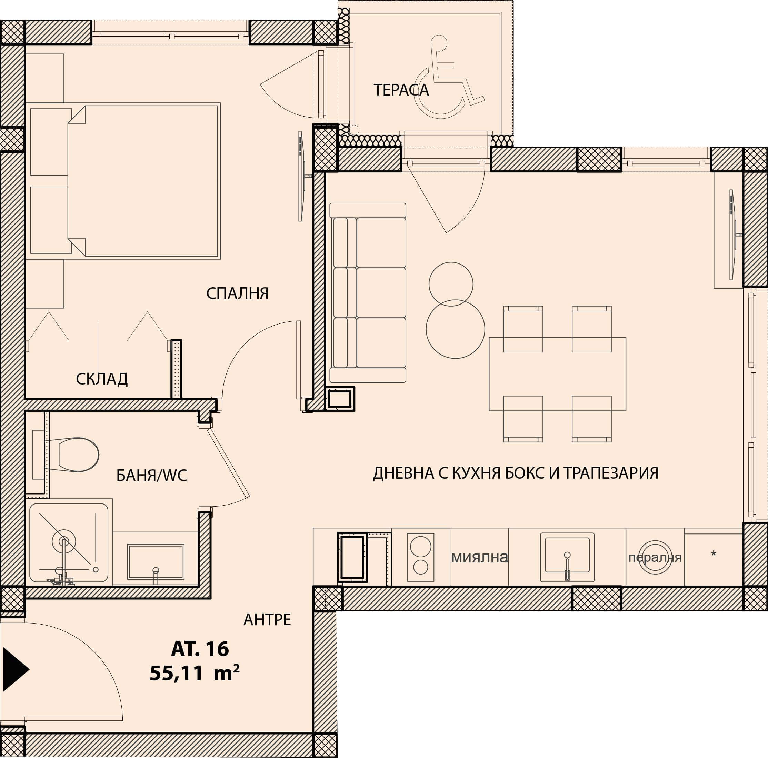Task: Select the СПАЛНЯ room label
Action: (237, 293)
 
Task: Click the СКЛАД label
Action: (102, 379)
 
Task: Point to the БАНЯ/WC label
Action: (151, 476)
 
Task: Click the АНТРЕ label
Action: (267, 620)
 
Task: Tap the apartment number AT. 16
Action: (200, 649)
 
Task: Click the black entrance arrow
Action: (16, 669)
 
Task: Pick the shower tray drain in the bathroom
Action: (63, 541)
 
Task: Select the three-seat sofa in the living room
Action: (368, 292)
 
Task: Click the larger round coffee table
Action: (456, 329)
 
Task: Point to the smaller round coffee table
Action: (451, 284)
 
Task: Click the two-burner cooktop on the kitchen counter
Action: (421, 557)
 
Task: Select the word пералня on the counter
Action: (655, 558)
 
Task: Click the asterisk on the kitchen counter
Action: (714, 553)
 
